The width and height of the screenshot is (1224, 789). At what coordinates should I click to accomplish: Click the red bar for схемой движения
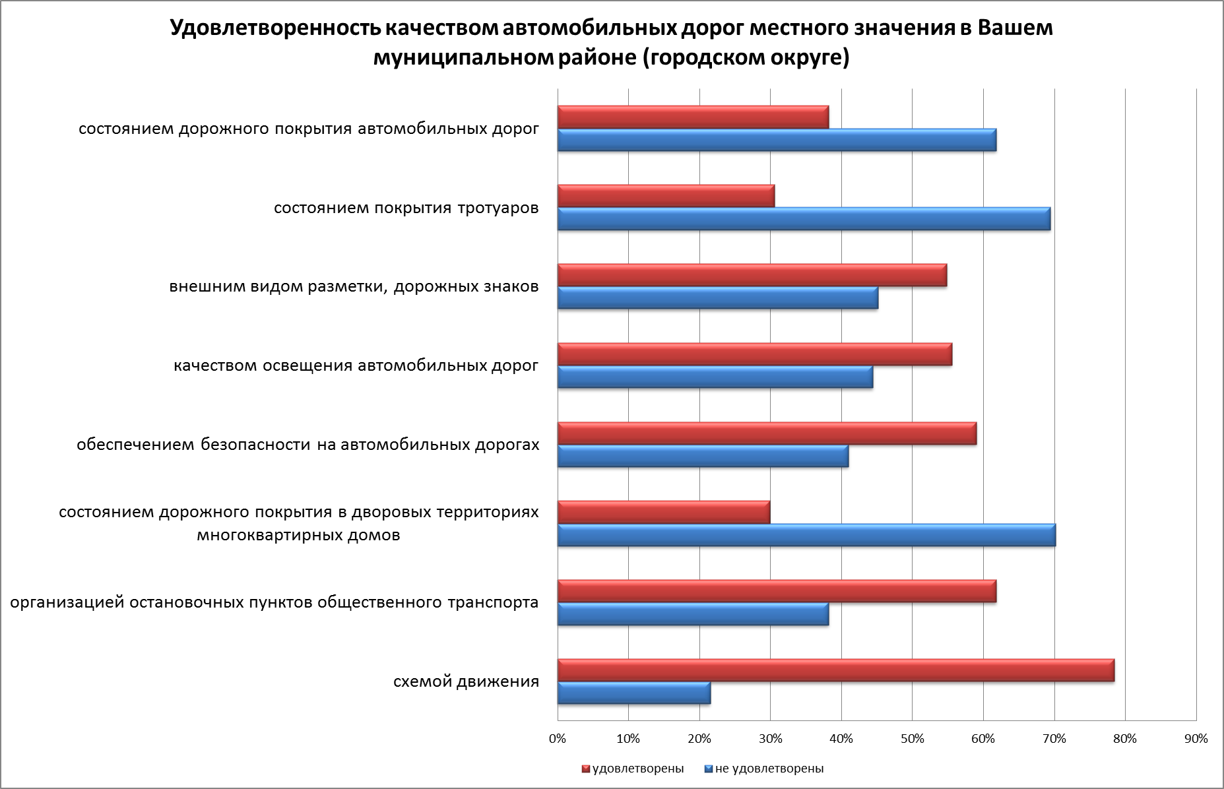[835, 670]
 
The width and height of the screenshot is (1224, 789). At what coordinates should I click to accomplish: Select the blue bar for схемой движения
[633, 693]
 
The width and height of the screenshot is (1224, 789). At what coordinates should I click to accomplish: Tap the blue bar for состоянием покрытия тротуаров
[804, 219]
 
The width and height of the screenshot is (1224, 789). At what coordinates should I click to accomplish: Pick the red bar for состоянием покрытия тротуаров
[666, 196]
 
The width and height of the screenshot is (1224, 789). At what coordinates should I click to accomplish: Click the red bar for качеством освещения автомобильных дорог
[754, 354]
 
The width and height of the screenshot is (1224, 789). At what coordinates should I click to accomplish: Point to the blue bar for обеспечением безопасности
[703, 456]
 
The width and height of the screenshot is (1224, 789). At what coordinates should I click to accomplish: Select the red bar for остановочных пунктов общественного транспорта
[777, 591]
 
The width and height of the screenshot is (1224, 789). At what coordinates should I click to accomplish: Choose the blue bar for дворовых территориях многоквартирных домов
[806, 535]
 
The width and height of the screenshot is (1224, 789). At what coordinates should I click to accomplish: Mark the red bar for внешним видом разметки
[752, 275]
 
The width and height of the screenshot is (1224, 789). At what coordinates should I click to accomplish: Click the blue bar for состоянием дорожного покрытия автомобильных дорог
[777, 140]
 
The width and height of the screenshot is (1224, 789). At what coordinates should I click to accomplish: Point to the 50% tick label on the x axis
[912, 739]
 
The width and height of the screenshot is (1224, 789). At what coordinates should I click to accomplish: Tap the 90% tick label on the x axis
[1196, 739]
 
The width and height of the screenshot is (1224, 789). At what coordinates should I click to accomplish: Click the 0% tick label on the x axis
[558, 739]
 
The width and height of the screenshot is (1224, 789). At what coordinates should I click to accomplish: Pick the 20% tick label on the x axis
[699, 739]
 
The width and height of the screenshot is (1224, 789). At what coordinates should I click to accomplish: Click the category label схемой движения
[466, 681]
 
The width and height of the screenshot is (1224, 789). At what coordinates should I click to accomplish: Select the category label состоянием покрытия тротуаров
[406, 208]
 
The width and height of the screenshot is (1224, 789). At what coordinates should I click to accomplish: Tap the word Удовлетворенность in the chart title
[274, 28]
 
